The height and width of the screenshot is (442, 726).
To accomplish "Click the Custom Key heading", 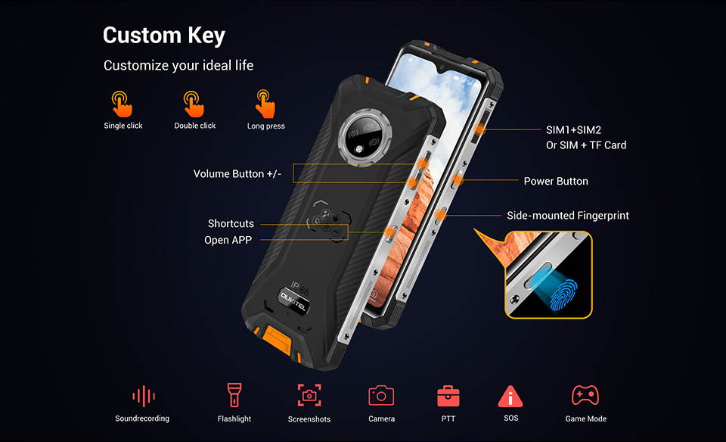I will click(x=164, y=36).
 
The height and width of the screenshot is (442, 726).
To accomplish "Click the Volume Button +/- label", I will click(x=237, y=174).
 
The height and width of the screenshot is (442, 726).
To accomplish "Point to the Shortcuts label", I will click(x=231, y=224).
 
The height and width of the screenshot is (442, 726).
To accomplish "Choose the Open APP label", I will click(x=228, y=240).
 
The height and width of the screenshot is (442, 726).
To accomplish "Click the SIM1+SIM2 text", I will click(x=573, y=129).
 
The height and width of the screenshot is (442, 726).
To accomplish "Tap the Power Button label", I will click(x=556, y=182).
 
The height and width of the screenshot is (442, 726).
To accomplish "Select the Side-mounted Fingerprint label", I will click(x=567, y=216).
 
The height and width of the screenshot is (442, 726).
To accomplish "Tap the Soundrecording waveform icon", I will click(x=143, y=396).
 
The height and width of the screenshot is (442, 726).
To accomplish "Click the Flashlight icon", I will click(x=234, y=395).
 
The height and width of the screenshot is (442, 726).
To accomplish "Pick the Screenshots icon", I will click(x=309, y=395).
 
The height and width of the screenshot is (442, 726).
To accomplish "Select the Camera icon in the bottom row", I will click(x=381, y=395).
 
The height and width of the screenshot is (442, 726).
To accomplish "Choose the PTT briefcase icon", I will click(x=448, y=396).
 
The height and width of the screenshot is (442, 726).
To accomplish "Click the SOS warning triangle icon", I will click(x=510, y=396).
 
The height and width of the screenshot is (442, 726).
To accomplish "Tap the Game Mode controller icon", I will click(x=585, y=395).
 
